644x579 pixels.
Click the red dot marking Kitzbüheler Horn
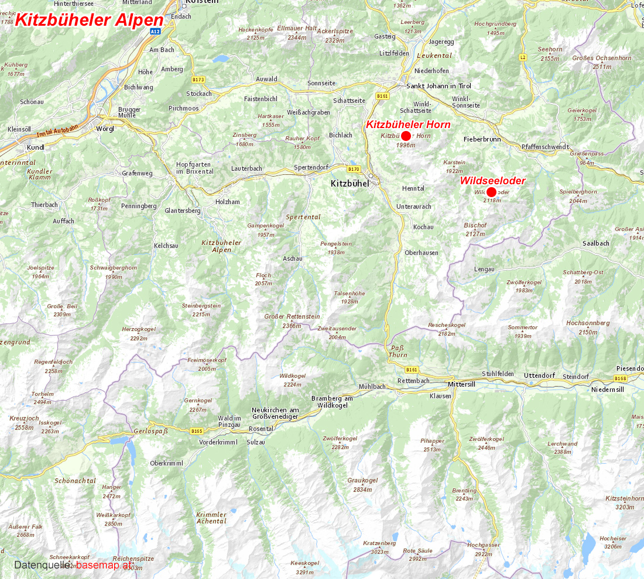[x=406, y=136]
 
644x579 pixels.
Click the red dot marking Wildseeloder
[x=491, y=192]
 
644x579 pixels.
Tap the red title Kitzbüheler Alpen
[x=88, y=19]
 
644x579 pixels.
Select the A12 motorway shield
[x=155, y=31]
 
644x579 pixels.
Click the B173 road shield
[x=198, y=78]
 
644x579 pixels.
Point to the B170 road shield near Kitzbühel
[x=353, y=169]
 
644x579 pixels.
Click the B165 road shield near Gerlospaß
[x=197, y=431]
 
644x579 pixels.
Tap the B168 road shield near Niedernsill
[x=621, y=378]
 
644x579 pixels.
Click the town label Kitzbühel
[x=350, y=184]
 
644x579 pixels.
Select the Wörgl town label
[x=105, y=128]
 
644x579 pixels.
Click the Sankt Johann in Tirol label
[x=439, y=86]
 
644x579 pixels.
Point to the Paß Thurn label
[x=398, y=351]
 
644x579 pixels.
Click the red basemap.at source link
[x=104, y=565]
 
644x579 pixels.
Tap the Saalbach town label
[x=595, y=243]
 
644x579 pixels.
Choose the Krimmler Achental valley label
[x=211, y=518]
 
